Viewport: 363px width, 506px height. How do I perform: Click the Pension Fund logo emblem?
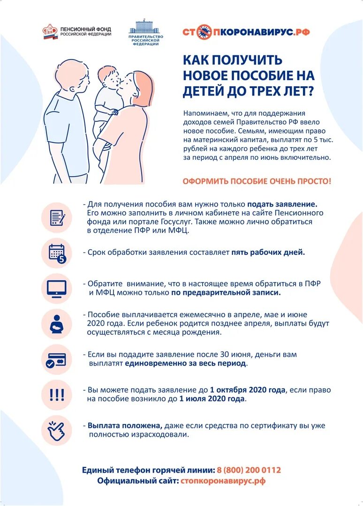(x=50, y=32)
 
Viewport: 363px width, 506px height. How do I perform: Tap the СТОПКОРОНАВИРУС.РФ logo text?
(x=246, y=32)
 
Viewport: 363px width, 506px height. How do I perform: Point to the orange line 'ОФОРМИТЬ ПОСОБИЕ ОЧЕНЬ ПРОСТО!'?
(x=257, y=181)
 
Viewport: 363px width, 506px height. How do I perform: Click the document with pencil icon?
(x=57, y=217)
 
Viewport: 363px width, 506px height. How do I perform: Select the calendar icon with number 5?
(x=57, y=253)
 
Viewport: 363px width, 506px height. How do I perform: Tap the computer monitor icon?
(x=57, y=288)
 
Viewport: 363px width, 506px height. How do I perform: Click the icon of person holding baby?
(x=57, y=324)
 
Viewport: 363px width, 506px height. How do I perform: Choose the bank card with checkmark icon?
(x=57, y=360)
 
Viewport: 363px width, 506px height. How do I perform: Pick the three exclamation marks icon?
(x=57, y=395)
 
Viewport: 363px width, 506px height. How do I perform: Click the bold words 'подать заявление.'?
(x=282, y=204)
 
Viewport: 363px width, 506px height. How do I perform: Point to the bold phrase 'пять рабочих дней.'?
(x=268, y=252)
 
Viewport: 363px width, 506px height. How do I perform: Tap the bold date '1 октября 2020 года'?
(x=248, y=390)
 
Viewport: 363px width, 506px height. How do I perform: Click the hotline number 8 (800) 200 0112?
(x=249, y=470)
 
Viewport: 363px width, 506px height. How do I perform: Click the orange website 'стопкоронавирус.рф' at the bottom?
(x=223, y=481)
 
